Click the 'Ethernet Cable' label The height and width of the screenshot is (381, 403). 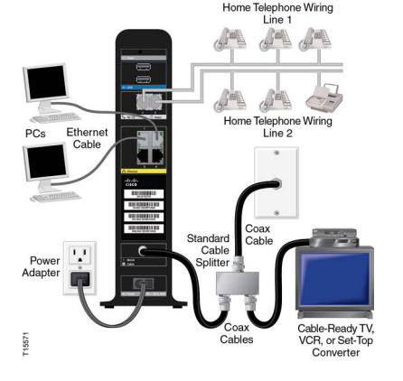87,138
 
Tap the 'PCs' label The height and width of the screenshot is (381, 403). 35,133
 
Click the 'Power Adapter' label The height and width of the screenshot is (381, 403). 40,266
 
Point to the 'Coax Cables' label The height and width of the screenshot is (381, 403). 236,333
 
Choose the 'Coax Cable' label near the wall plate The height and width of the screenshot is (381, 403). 258,235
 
